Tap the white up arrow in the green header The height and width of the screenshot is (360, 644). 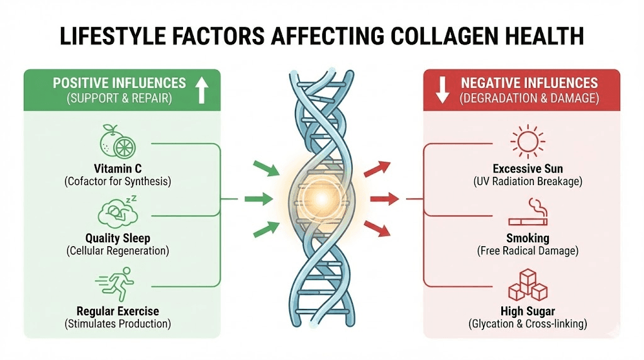(201, 90)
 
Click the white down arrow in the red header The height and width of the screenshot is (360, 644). (442, 90)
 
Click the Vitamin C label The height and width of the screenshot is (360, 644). (118, 169)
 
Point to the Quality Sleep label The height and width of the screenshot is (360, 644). (118, 239)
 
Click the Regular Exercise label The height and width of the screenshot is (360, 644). (118, 311)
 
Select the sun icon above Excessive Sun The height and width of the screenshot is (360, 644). (528, 141)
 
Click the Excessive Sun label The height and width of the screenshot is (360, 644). (528, 169)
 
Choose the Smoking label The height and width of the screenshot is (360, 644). (528, 239)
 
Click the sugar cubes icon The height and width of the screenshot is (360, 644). (527, 284)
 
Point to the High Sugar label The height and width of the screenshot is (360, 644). (528, 311)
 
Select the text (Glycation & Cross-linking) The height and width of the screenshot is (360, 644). (528, 324)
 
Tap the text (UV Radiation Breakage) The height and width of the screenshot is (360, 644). (528, 182)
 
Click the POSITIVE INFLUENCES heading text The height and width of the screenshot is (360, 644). (119, 83)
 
